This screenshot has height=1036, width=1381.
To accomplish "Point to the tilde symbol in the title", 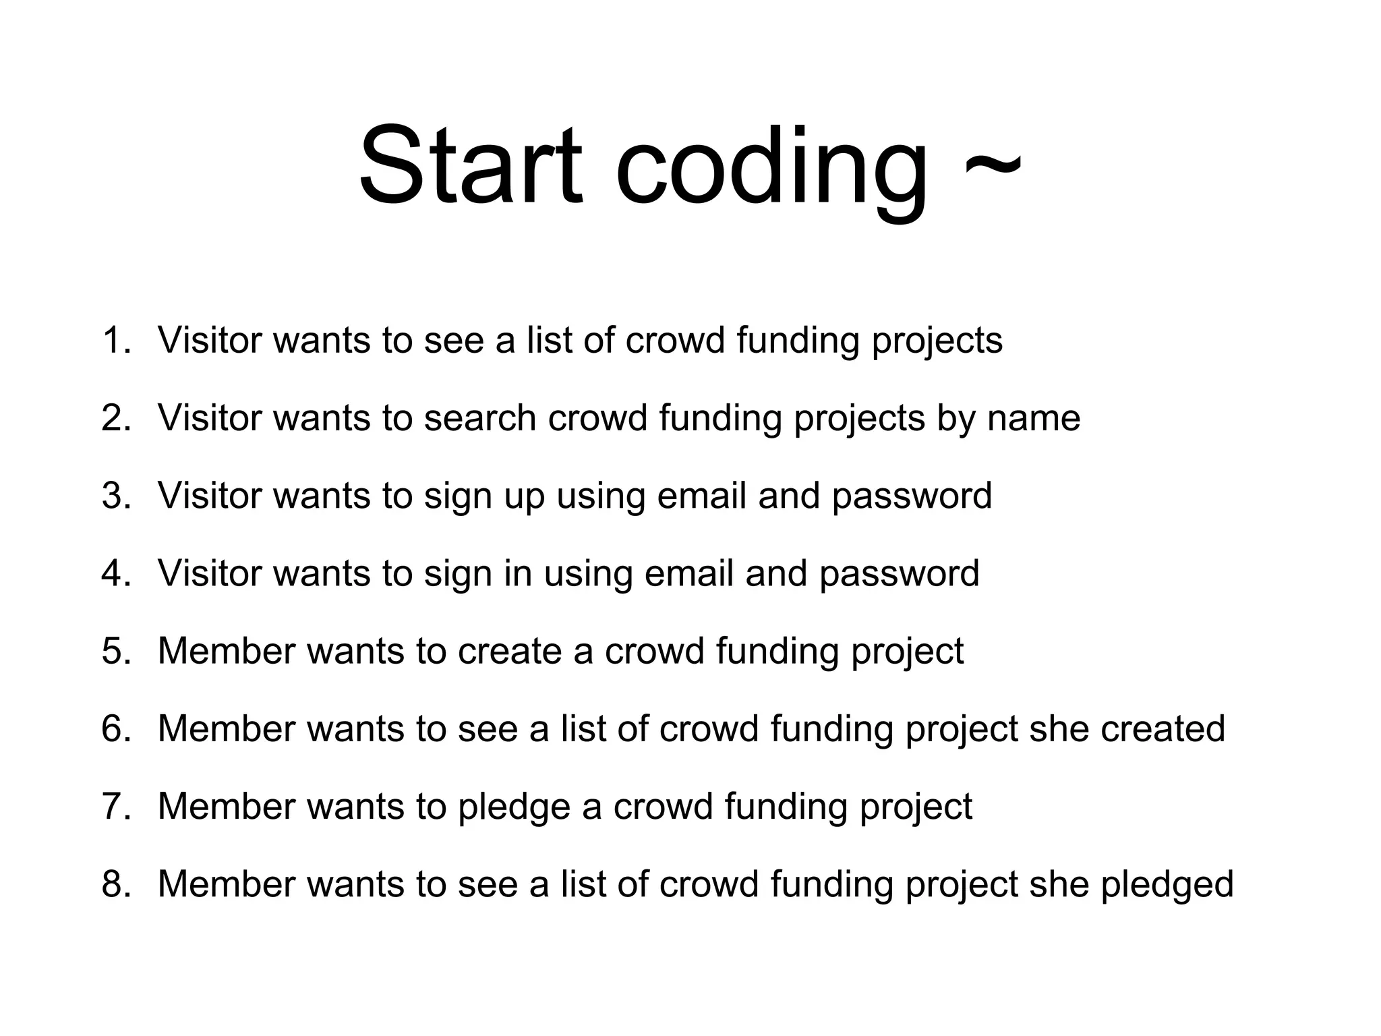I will pos(993,165).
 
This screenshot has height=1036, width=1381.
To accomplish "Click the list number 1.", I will pos(115,340).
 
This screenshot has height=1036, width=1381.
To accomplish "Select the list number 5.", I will pos(115,651).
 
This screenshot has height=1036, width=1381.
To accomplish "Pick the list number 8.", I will pos(115,884).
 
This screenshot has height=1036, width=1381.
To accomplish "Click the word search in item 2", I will pos(480,418).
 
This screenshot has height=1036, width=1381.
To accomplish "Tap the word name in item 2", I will pos(1034,419).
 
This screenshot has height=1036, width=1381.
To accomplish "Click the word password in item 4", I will pos(899,574).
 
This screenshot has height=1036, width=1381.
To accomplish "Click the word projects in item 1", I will pos(937,341).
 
